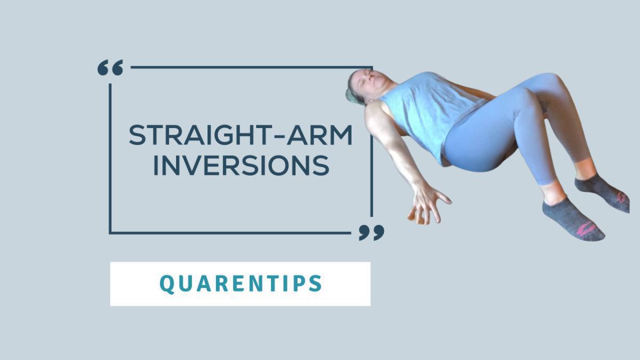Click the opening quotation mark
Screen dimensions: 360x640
pos(110,68)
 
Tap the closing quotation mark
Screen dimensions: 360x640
pos(371,232)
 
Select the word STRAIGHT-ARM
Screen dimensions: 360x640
pos(241,136)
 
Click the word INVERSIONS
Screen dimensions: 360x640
pos(241,166)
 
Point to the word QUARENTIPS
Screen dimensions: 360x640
pos(241,284)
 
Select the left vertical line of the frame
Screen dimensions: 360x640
pos(110,160)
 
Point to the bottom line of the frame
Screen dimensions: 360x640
pos(229,233)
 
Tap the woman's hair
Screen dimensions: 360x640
pos(352,91)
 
